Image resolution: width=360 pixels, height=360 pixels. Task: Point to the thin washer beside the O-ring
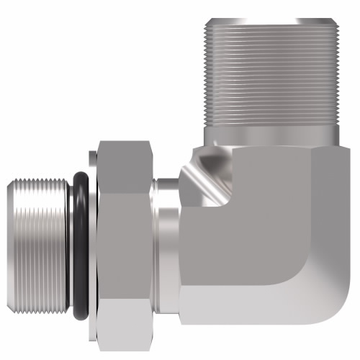(x=92, y=245)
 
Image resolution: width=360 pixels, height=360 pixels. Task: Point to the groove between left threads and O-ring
(x=69, y=245)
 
